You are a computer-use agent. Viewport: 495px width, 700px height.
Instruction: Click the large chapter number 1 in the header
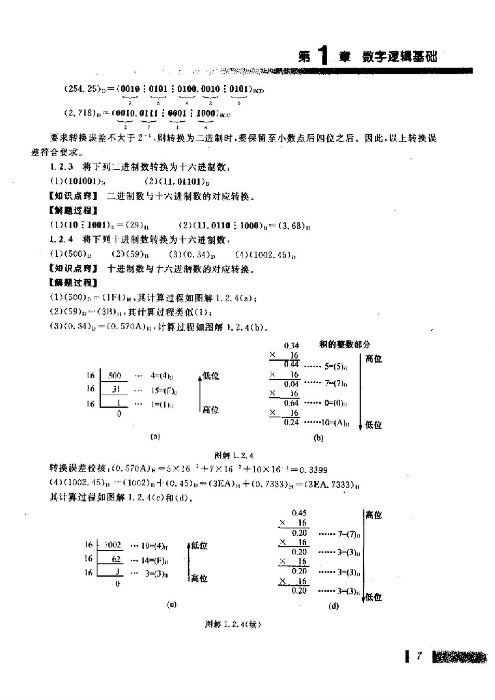pos(323,55)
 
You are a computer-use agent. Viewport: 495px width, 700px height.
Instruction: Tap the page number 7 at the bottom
pos(418,656)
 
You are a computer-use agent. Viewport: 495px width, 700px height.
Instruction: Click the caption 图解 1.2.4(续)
pos(233,624)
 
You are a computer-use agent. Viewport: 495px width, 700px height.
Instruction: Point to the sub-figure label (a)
pos(155,436)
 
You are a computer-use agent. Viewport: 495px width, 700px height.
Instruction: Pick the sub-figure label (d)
pos(333,606)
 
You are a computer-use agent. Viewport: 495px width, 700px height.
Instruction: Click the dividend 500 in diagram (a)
pos(115,376)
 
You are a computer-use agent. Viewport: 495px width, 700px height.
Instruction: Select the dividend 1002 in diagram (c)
pos(113,545)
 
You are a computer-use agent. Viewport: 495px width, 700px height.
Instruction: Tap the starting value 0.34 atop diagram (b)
pos(292,345)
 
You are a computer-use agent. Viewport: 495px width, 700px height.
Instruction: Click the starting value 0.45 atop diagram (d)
pos(299,513)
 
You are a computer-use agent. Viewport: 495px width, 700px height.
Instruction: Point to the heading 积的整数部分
pos(345,345)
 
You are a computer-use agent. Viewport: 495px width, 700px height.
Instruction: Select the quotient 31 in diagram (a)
pos(116,389)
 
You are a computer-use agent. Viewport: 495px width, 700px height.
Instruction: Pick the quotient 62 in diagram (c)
pos(116,559)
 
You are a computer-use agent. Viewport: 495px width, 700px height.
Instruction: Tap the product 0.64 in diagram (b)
pos(291,403)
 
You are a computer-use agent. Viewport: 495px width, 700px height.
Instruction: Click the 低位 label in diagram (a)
pos(211,376)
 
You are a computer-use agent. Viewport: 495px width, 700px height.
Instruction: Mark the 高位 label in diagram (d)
pos(373,515)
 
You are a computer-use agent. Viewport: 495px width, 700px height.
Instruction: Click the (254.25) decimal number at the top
pos(82,89)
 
